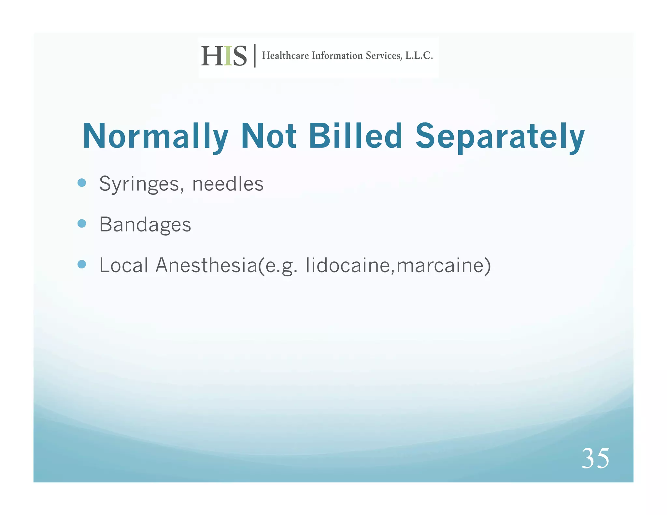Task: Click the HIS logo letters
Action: [224, 56]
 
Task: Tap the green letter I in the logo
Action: [228, 56]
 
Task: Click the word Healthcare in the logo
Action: [285, 56]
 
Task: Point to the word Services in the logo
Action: [384, 56]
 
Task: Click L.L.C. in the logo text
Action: [419, 56]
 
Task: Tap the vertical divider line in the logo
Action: [255, 56]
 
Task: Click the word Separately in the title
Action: [500, 136]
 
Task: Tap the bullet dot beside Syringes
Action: [82, 183]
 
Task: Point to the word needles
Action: [228, 184]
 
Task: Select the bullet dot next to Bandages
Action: [82, 223]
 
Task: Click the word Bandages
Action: [145, 225]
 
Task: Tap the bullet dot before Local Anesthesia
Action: [82, 264]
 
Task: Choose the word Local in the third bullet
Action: [124, 265]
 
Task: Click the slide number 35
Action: [595, 458]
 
